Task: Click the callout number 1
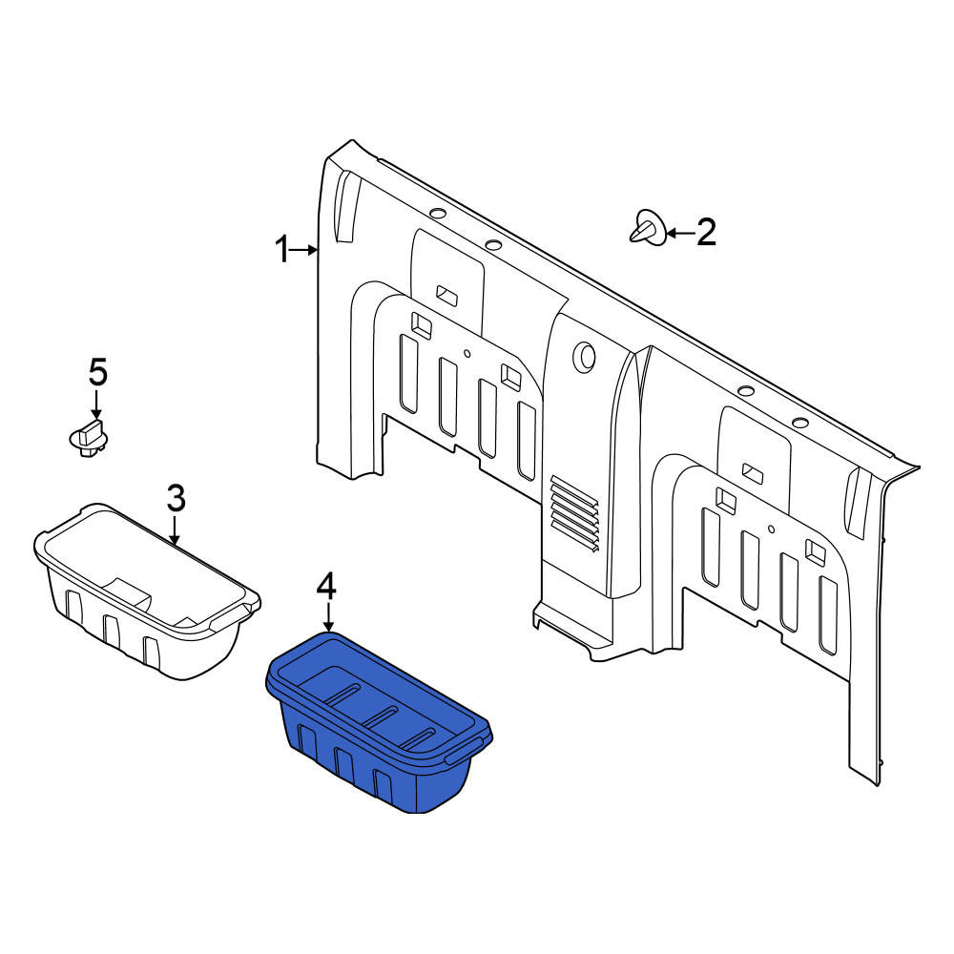(x=281, y=249)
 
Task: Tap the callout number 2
(x=706, y=232)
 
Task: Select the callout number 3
(x=176, y=500)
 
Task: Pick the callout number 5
(x=98, y=372)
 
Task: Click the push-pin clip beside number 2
(x=647, y=228)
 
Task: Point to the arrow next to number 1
(x=304, y=249)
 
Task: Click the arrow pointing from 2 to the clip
(x=681, y=232)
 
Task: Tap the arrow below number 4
(x=328, y=617)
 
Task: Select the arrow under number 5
(x=96, y=404)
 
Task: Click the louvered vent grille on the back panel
(x=574, y=515)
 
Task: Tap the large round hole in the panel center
(x=586, y=357)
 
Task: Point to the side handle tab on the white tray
(x=235, y=614)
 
